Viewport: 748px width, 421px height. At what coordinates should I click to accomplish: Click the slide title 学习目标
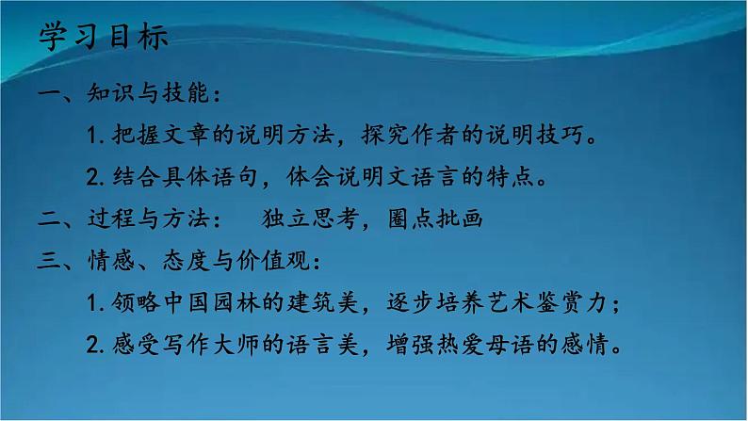(x=105, y=38)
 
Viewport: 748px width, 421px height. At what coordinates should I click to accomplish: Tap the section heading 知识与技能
(x=149, y=95)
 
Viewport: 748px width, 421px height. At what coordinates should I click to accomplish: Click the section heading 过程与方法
(x=149, y=219)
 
